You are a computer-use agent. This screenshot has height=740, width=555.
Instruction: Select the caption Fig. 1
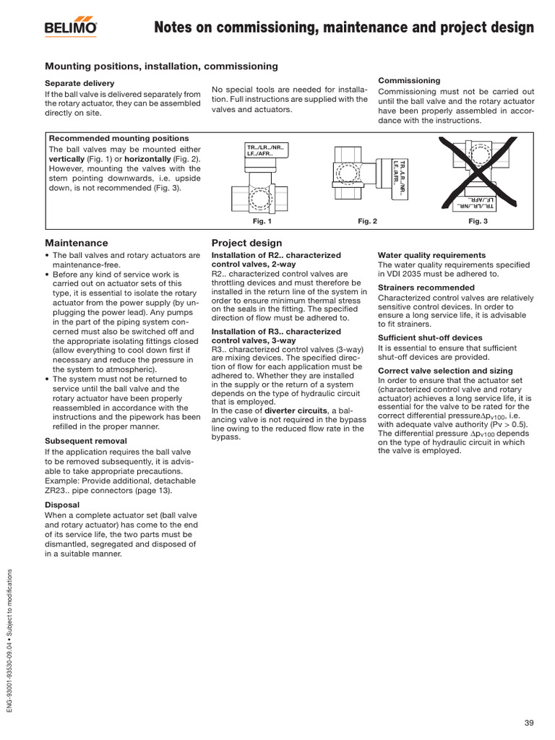pos(262,222)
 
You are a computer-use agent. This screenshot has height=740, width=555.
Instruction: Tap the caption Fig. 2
pos(368,222)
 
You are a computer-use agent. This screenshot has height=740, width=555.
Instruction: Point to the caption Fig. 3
pos(478,222)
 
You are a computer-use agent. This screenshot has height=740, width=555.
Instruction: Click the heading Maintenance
pos(77,243)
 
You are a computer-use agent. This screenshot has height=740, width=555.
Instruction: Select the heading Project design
pos(246,243)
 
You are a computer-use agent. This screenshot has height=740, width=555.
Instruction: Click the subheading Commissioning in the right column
pos(409,80)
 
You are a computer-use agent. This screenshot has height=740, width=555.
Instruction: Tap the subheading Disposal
pos(62,504)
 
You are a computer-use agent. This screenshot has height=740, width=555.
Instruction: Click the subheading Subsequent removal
pos(86,440)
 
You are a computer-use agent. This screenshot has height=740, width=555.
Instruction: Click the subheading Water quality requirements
pos(431,255)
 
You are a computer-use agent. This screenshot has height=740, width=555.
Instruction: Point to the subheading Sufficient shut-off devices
pos(430,337)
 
